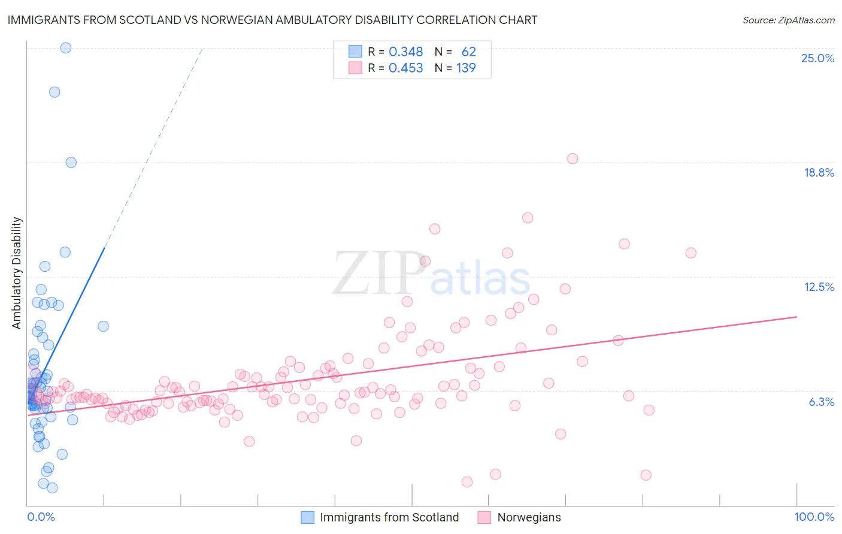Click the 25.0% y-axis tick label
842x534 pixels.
(817, 58)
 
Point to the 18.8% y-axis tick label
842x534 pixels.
(819, 172)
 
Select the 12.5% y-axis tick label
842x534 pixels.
(819, 287)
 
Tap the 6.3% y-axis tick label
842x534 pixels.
(821, 402)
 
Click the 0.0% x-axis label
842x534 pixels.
(41, 517)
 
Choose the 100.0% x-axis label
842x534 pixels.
(814, 517)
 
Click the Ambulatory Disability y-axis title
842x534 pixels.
(17, 273)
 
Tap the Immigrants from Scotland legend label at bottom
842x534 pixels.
(389, 517)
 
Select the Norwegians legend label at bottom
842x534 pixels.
(529, 517)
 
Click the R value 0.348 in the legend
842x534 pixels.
(405, 52)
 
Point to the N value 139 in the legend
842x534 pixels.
(466, 68)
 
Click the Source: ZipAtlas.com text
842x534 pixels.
(788, 20)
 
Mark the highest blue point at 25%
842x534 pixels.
(66, 48)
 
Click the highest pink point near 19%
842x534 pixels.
(573, 159)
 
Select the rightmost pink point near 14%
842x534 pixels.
(690, 253)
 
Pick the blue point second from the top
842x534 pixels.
(54, 92)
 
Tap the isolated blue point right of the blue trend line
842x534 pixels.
(103, 326)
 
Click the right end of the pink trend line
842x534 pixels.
(797, 316)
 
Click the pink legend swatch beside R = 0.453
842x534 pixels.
(356, 68)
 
